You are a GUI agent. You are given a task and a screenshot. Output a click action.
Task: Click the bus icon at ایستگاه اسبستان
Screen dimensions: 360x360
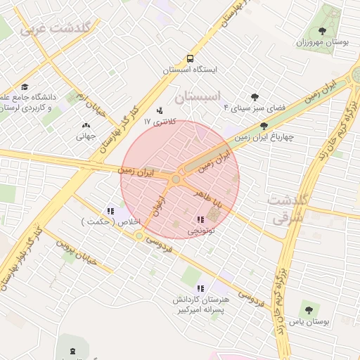[x=191, y=58]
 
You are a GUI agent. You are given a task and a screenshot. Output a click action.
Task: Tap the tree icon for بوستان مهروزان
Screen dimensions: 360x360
[x=322, y=31]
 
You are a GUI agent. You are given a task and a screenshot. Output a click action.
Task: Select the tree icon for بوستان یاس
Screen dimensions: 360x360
[x=309, y=309]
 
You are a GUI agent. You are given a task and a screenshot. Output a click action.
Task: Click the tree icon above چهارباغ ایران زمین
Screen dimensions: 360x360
[x=264, y=127]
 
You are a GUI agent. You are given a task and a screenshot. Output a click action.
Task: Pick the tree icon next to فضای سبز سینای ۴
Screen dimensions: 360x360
[x=254, y=97]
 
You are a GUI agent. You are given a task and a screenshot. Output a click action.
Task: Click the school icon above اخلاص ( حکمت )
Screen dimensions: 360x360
[x=110, y=210]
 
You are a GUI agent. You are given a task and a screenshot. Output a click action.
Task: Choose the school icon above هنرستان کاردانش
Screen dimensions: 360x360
[x=200, y=288]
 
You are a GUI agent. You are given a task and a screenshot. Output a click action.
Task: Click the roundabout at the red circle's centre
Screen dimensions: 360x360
[x=176, y=180]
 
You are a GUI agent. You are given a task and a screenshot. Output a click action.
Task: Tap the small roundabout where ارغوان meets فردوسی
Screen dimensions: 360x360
[x=139, y=236]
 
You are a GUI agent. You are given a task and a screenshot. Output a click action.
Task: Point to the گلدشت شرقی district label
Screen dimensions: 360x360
[x=286, y=209]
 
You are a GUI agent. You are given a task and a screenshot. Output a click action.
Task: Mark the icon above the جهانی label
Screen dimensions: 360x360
[x=86, y=125]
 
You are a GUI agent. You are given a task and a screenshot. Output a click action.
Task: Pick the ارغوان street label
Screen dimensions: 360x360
[x=157, y=206]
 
